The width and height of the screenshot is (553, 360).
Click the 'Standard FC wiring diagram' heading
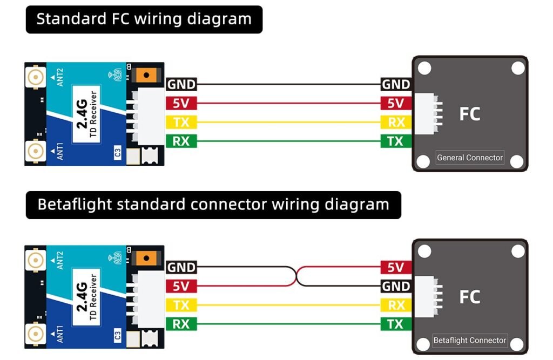point(144,19)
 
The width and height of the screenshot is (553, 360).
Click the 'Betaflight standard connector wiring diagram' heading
point(213,205)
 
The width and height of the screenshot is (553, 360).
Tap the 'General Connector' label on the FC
point(470,158)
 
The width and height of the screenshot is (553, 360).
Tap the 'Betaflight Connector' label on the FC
point(470,341)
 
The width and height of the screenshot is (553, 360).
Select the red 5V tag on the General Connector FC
point(396,103)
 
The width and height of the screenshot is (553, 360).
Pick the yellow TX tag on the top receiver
point(181,123)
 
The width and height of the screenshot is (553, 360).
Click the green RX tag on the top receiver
point(181,141)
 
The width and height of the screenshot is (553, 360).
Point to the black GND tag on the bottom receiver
point(181,267)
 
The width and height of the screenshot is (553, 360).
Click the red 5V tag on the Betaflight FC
point(396,267)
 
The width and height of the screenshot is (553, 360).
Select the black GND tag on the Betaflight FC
point(396,286)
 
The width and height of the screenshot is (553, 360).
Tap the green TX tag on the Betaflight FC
point(396,324)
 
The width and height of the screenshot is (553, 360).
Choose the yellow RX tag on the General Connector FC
point(396,123)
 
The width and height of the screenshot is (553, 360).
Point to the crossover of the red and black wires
point(296,276)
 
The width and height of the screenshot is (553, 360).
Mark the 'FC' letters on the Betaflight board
point(469,297)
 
